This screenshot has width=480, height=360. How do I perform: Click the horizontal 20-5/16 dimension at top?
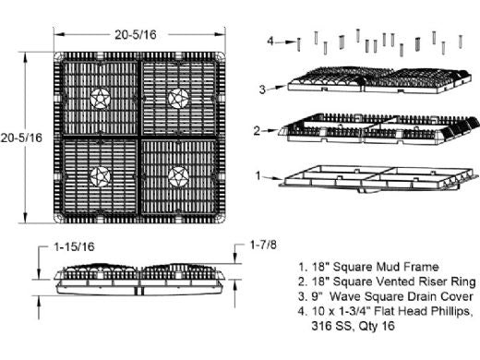point(136,34)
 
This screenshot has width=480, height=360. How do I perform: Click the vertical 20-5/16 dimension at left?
point(21,138)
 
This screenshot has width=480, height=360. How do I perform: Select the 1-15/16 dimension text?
point(74,246)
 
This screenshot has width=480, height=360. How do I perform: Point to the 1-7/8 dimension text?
point(263,245)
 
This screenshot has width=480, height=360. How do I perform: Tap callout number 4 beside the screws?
point(270,41)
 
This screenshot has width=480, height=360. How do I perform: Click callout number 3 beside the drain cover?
point(262,90)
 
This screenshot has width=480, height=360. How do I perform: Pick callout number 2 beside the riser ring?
point(257,131)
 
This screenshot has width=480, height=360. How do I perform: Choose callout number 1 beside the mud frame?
point(258,175)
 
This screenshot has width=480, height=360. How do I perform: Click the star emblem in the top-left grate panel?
point(101,99)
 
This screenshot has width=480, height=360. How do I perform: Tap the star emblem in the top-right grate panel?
point(178,99)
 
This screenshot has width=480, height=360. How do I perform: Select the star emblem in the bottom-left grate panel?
point(101,176)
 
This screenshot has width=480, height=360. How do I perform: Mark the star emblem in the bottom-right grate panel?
point(178,176)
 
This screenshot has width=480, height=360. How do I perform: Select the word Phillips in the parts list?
point(450,311)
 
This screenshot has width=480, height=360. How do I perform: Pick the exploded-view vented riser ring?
point(379,128)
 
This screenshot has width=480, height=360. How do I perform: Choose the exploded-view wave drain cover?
point(379,79)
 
